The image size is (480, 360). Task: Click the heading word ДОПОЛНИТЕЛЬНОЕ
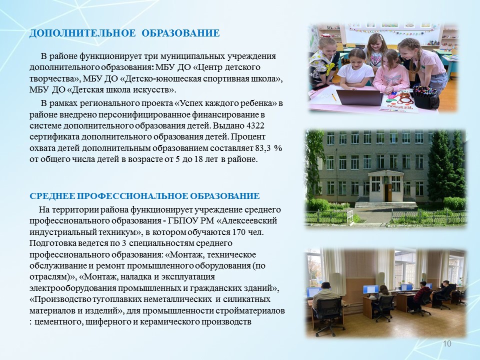pos(82,33)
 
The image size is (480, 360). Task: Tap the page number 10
pos(447,344)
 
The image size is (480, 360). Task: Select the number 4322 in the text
pos(255,126)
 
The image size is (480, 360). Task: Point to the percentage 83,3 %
pos(268,148)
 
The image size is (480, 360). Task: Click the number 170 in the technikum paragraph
pos(239,232)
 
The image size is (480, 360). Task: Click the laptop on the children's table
pos(359,97)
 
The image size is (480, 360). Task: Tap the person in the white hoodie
pos(326,297)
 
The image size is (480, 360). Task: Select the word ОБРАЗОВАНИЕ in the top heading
pos(180,33)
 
